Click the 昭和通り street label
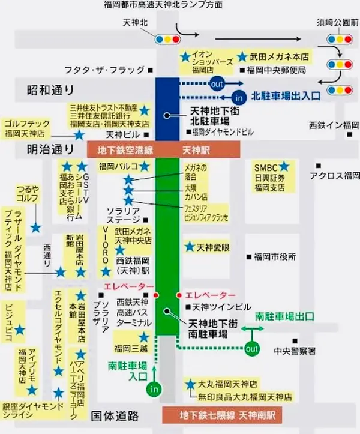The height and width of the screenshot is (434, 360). (50, 91)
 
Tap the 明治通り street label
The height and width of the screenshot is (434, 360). (50, 149)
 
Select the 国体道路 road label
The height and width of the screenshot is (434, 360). (115, 415)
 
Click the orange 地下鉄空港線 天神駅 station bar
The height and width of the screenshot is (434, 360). (163, 148)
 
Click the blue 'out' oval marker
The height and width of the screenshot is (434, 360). (217, 84)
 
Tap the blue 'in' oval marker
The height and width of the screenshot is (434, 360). (239, 97)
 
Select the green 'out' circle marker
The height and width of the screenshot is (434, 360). (251, 348)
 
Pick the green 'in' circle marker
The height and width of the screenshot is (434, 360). (154, 390)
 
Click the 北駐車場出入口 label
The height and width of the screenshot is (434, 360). (286, 95)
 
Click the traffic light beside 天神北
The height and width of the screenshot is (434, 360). (167, 40)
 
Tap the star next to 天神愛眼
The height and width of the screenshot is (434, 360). (190, 246)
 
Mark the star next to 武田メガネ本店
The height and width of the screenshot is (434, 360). (242, 57)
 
